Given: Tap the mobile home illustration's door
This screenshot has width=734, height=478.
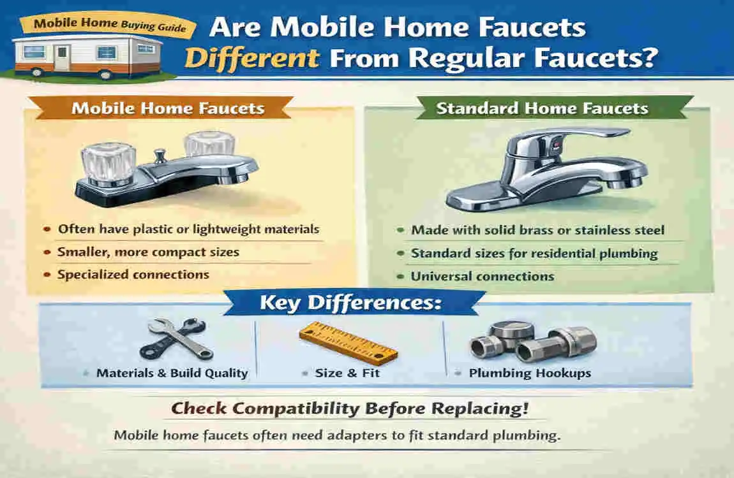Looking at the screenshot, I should click(x=62, y=59).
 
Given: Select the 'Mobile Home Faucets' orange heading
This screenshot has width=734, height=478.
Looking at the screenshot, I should click(x=168, y=108).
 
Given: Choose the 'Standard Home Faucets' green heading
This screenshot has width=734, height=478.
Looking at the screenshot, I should click(x=542, y=108).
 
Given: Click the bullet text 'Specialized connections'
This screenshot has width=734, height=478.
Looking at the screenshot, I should click(x=133, y=275).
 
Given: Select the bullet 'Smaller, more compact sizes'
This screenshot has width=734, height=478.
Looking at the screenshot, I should click(x=148, y=252).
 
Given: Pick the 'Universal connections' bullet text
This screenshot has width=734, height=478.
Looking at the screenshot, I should click(x=483, y=277).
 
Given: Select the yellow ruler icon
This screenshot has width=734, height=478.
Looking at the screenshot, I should click(x=348, y=342).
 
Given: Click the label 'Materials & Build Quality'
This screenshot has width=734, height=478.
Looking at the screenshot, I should click(x=172, y=373).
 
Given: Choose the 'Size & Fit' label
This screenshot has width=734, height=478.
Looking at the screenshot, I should click(x=347, y=373).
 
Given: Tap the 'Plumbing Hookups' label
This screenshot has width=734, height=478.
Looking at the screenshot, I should click(x=530, y=373).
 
